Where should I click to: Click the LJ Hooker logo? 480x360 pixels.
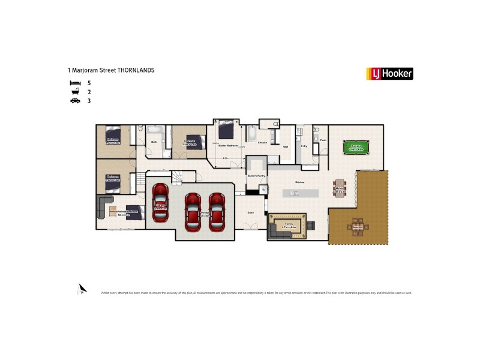coord(389,74)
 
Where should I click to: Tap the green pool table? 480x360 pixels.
coord(356,147)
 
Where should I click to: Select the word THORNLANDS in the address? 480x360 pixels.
coord(136,70)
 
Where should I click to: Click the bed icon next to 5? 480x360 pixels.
coord(75,82)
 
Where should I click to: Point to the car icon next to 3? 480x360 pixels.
coord(75,101)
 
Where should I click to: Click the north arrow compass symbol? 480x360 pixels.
coord(82,289)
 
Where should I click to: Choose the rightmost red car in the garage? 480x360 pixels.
coord(216,211)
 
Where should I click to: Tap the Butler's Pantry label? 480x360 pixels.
coord(256,176)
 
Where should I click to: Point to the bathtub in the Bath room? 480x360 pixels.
coord(155,130)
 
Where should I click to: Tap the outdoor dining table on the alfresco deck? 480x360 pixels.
coord(358,226)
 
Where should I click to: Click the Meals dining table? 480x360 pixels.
coord(340,187)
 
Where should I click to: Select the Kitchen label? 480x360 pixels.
coord(299,182)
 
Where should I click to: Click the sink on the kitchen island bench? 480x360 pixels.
coord(293,193)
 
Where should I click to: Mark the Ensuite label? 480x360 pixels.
coord(262,142)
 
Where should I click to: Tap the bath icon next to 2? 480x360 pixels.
coord(75,92)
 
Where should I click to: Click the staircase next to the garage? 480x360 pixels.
coord(179,177)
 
